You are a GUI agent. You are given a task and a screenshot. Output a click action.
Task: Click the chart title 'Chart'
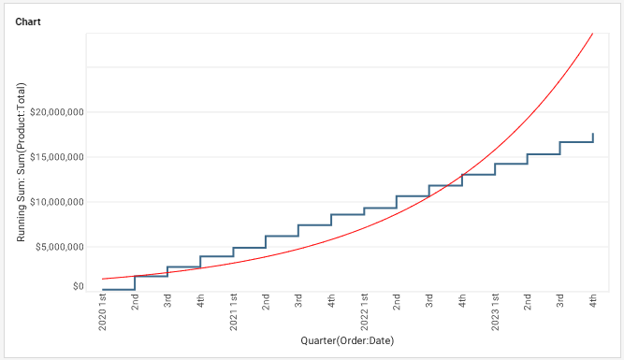click(28, 21)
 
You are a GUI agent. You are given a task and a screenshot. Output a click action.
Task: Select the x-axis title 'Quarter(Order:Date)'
click(347, 340)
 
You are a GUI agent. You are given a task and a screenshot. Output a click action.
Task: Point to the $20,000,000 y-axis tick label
click(58, 112)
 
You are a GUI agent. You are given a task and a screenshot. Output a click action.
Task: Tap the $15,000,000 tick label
click(58, 157)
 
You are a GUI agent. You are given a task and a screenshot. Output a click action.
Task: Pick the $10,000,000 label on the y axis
click(58, 202)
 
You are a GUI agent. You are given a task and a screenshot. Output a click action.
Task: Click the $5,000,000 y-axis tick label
click(61, 247)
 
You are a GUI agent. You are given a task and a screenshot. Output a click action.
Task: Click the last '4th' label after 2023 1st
click(593, 301)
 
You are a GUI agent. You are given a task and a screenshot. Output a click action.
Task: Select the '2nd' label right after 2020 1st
click(136, 301)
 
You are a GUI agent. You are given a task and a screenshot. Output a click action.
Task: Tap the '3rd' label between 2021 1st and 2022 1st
click(299, 301)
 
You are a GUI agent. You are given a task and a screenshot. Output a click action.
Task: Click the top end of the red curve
click(593, 34)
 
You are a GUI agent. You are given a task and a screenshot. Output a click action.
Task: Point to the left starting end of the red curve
click(103, 279)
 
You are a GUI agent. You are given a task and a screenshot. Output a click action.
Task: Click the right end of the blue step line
click(593, 135)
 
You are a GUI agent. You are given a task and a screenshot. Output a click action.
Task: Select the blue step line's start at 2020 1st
click(103, 290)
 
